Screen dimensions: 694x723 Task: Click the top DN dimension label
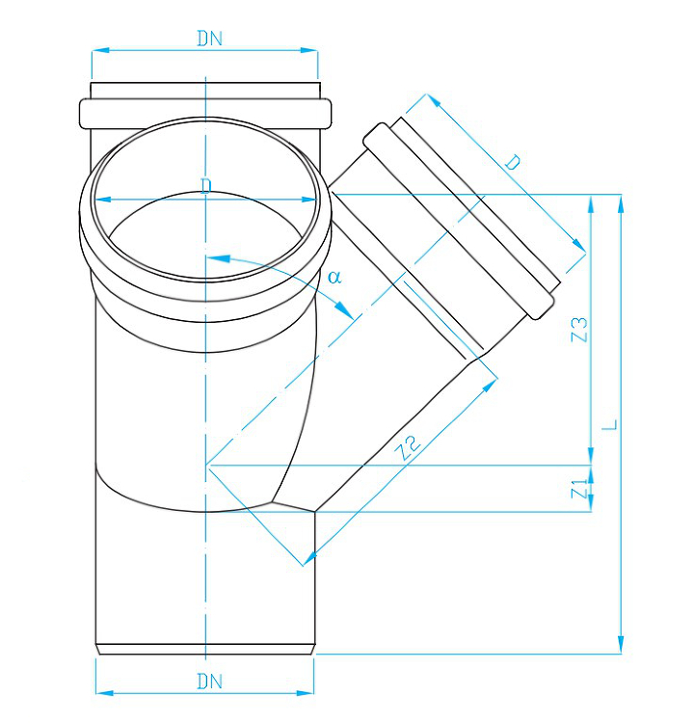(x=210, y=39)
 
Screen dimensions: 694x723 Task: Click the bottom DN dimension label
(x=210, y=681)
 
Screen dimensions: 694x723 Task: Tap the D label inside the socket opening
(x=206, y=186)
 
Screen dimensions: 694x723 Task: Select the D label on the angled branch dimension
(x=513, y=162)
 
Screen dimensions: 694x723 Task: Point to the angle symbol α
(x=334, y=277)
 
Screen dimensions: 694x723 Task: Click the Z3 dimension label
(x=579, y=330)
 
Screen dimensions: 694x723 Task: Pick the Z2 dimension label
(x=410, y=447)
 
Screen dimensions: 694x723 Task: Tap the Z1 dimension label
(x=579, y=489)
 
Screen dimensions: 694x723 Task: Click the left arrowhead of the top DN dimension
(x=100, y=50)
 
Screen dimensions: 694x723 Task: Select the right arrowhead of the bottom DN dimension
(x=306, y=692)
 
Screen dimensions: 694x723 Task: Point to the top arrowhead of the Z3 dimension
(x=591, y=203)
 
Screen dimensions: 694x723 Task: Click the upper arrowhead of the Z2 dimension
(x=490, y=386)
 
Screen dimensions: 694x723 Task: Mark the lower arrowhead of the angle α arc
(x=345, y=309)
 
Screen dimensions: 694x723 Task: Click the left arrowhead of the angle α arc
(x=217, y=258)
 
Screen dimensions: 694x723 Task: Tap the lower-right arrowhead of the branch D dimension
(x=579, y=245)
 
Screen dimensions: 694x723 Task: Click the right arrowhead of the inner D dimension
(x=309, y=200)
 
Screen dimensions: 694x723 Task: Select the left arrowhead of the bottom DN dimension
(x=104, y=692)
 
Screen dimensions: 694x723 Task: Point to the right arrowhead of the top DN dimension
(x=309, y=50)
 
